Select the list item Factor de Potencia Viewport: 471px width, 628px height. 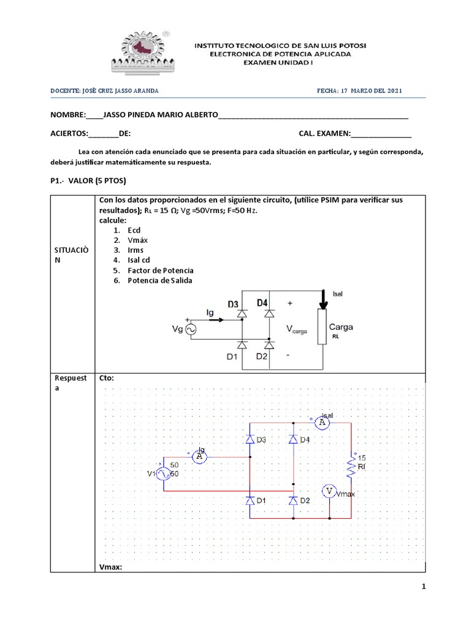click(161, 270)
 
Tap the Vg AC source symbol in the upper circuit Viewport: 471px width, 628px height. click(190, 330)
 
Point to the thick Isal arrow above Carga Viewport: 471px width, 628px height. click(323, 302)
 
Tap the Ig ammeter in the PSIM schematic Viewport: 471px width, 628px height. click(199, 456)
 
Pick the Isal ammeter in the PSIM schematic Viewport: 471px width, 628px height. click(323, 423)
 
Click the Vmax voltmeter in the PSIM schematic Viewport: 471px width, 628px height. click(330, 491)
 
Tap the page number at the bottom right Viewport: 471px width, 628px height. click(423, 587)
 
